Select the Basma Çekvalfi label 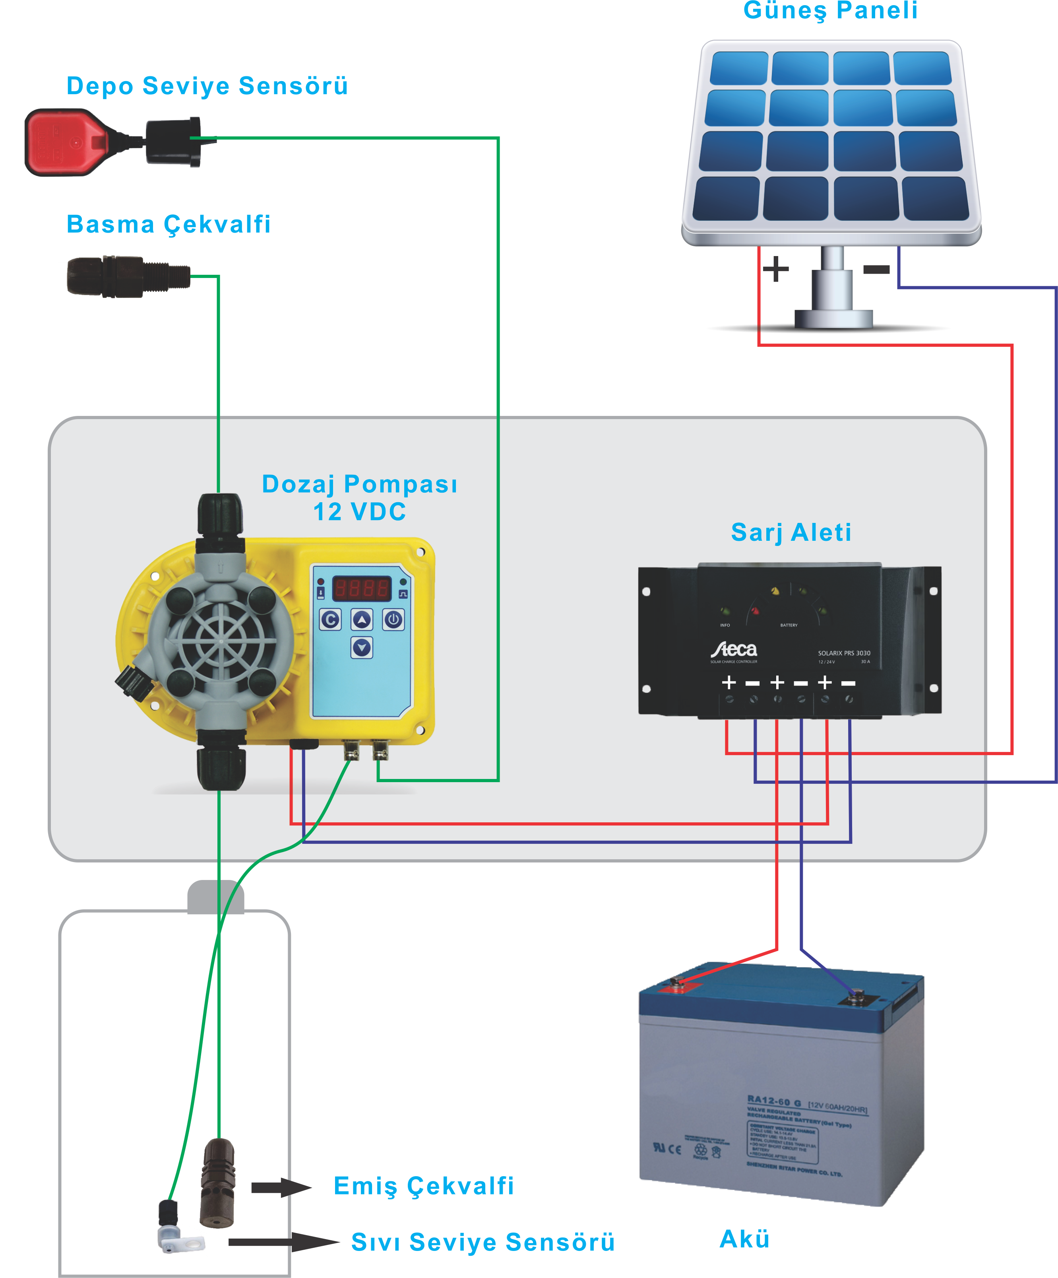click(x=169, y=225)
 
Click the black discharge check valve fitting click(x=127, y=277)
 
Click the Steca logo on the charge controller click(x=734, y=650)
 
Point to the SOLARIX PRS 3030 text click(x=844, y=653)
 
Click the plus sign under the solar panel click(x=776, y=268)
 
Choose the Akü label click(x=744, y=1239)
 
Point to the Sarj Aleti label click(x=791, y=532)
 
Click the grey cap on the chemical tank click(x=215, y=897)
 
